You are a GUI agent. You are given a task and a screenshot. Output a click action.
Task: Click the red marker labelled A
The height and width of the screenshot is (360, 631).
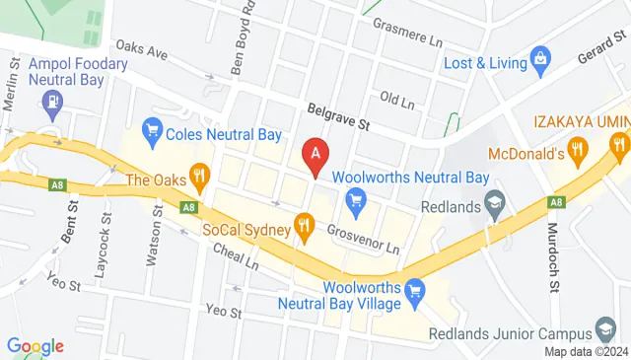click(315, 154)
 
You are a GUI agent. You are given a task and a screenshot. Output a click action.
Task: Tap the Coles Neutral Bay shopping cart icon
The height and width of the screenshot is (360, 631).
click(152, 129)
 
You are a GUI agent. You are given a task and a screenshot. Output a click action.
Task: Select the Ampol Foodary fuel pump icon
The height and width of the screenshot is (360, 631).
click(49, 100)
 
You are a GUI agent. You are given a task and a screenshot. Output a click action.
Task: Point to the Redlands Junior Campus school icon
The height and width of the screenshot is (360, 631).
click(605, 329)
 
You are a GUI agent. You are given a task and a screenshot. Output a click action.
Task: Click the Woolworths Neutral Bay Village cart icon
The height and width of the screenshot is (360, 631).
click(416, 290)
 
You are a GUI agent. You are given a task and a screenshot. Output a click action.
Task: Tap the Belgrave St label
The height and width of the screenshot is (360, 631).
click(337, 120)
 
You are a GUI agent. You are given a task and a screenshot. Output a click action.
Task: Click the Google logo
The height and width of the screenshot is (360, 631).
click(35, 346)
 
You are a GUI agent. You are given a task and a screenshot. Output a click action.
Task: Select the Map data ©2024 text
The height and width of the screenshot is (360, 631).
click(586, 351)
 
